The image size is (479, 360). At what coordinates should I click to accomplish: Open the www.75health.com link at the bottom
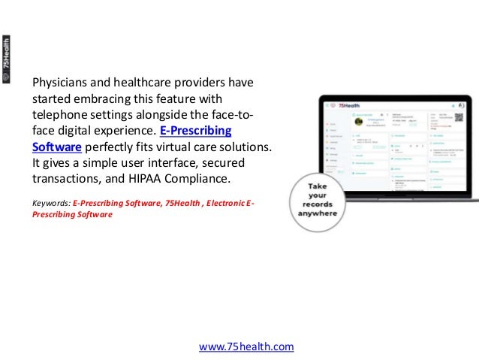246,346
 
